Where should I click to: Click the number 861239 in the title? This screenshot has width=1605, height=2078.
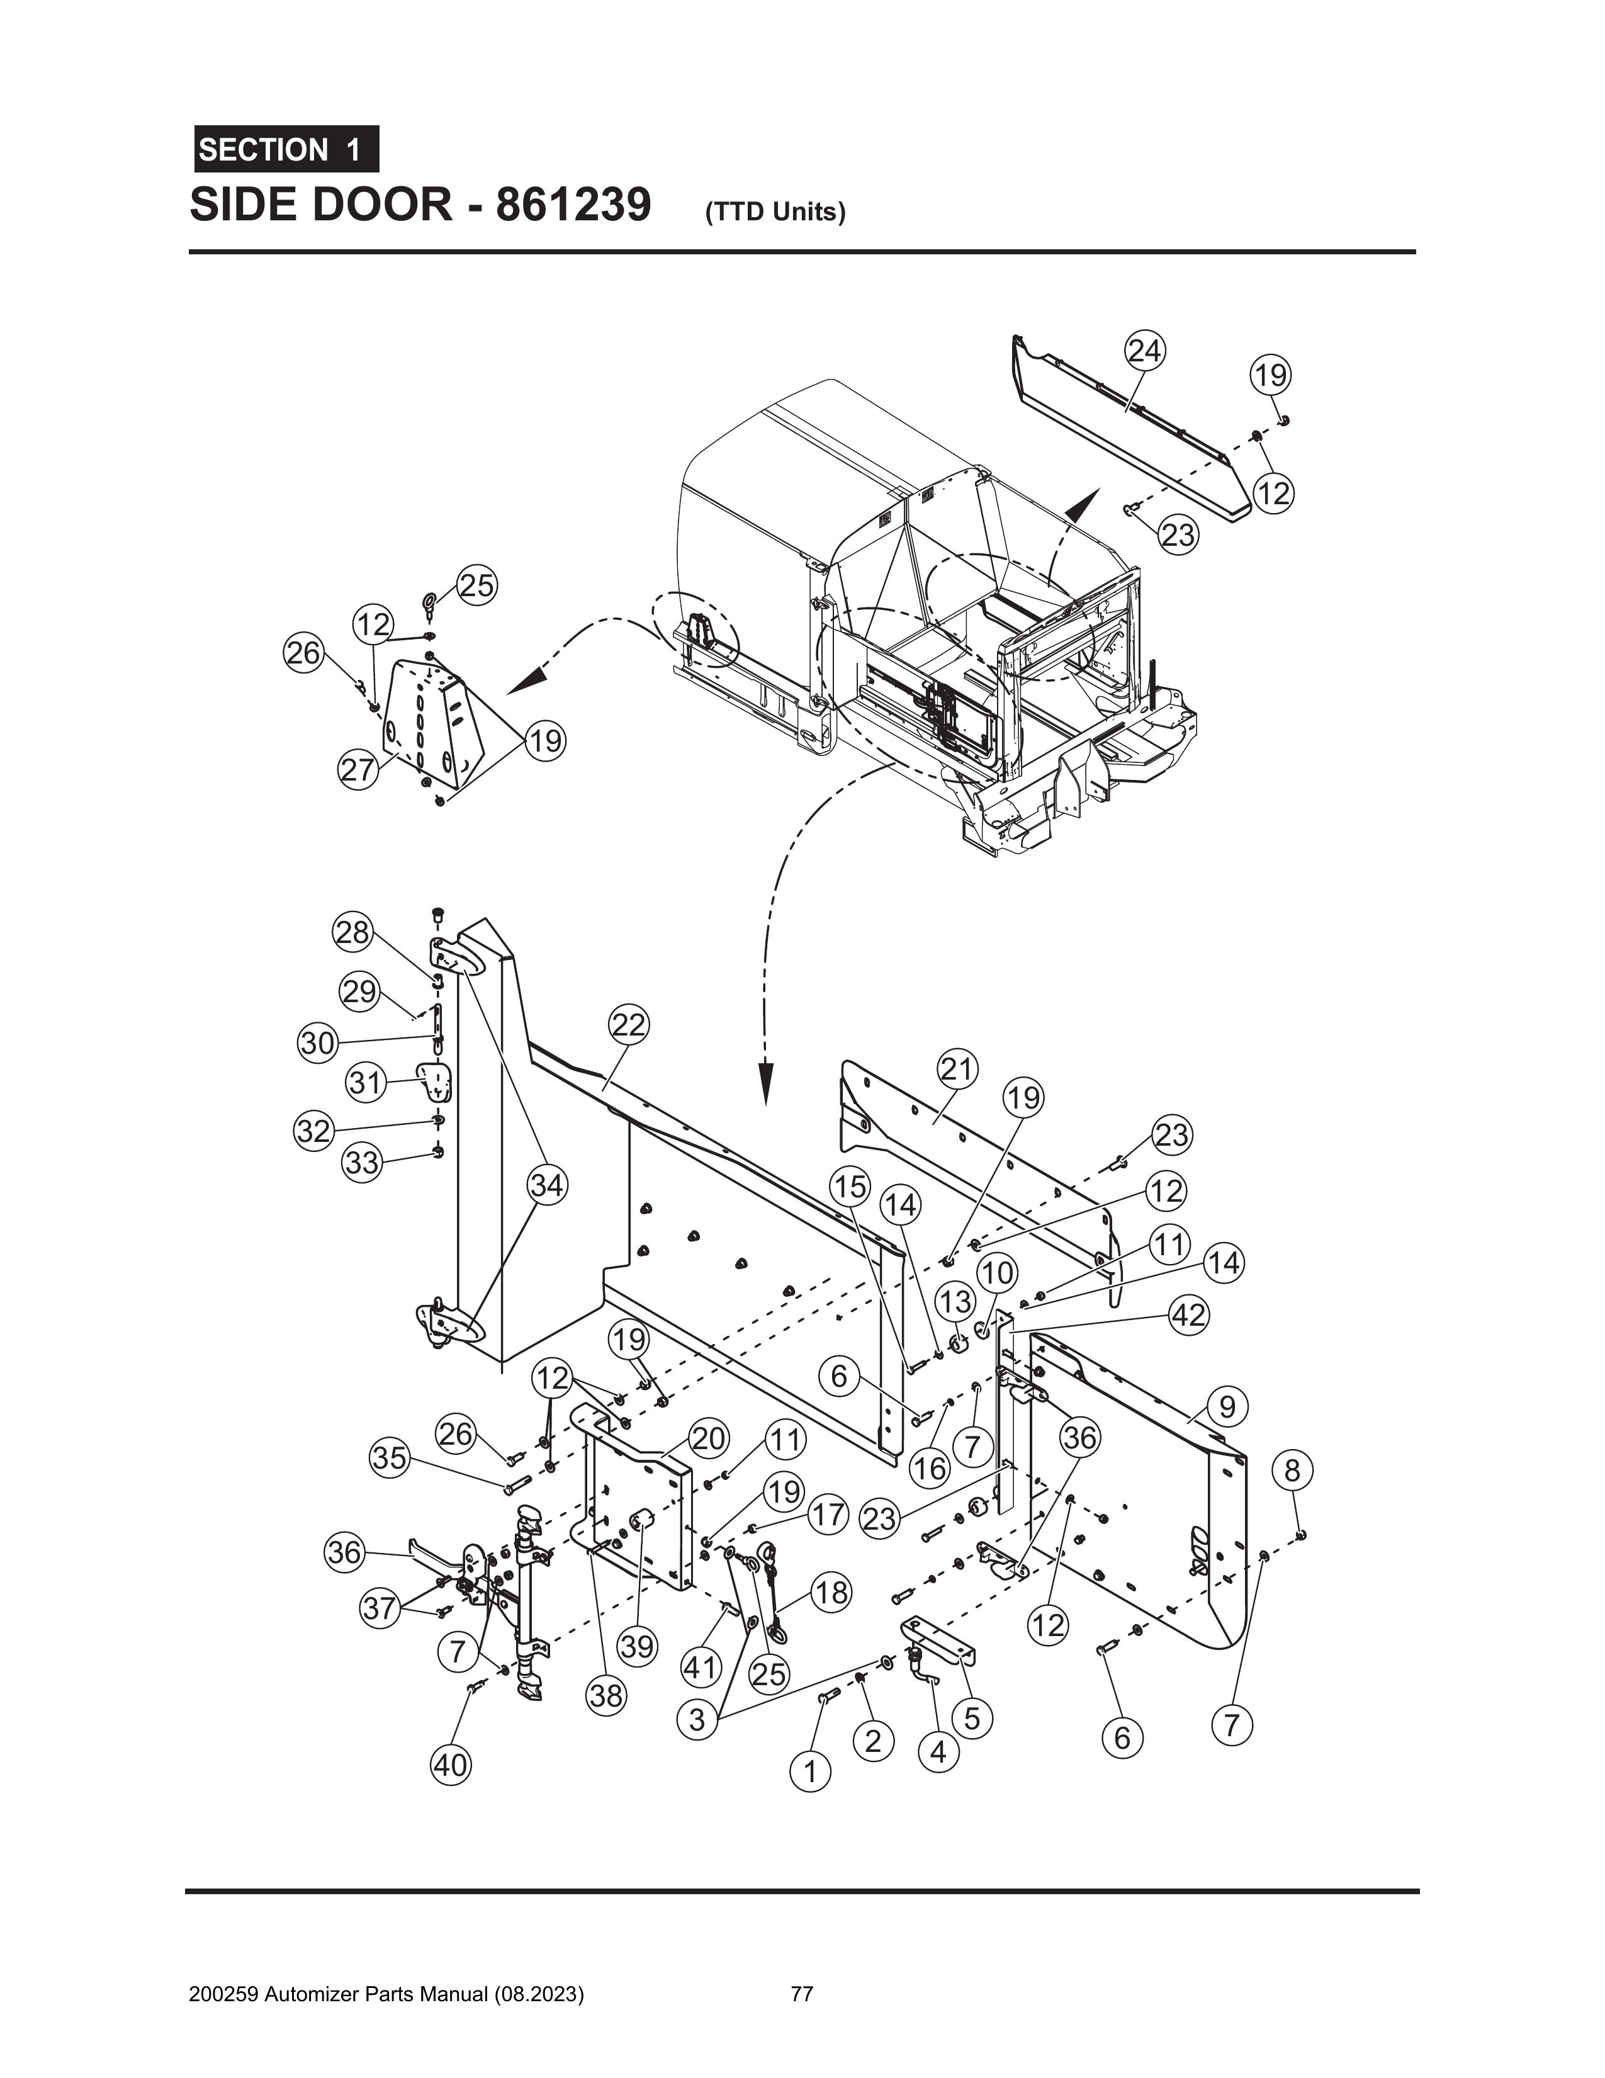[x=572, y=205]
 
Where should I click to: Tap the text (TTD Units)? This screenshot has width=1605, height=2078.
[x=775, y=212]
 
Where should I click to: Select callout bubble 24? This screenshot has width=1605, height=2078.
[x=1144, y=352]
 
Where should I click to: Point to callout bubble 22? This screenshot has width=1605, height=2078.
[x=628, y=1025]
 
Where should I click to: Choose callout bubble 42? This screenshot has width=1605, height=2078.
[x=1187, y=1315]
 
